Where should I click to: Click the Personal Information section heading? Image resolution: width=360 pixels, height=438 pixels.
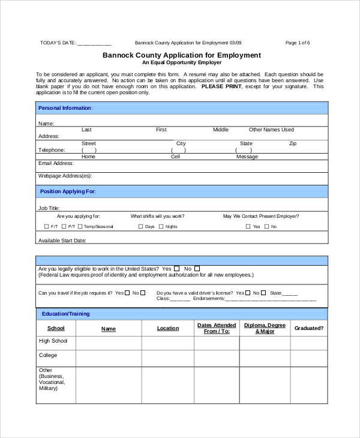coord(65,108)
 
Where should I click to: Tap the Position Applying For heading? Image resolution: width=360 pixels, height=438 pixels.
coord(68,191)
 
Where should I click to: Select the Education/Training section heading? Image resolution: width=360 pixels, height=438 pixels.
coord(65,314)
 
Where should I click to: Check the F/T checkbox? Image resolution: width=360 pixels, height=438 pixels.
coord(47,227)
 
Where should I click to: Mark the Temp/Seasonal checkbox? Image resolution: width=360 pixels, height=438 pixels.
coord(80,227)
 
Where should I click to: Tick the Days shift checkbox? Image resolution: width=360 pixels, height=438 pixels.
coord(141,227)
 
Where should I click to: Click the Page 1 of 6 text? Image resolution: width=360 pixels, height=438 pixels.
coord(298,43)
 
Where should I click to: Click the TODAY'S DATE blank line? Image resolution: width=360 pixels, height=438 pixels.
coord(94,43)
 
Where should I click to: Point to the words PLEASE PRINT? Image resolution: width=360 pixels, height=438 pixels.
coord(221,86)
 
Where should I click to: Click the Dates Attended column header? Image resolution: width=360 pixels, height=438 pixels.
coord(217,328)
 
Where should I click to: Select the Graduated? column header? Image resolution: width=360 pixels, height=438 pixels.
coord(308,328)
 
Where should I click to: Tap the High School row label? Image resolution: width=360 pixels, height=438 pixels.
coord(53,341)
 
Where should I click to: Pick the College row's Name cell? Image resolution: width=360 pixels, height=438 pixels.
coord(108,358)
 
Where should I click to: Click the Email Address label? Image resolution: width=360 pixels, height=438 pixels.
coord(56,163)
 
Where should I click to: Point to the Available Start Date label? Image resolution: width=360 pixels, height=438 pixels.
coord(62,240)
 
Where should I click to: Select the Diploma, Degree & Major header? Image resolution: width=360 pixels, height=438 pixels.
coord(265,328)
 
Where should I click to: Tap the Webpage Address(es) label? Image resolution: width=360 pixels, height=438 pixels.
coord(65,176)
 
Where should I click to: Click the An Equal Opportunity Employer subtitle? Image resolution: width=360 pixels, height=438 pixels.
coord(182,62)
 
